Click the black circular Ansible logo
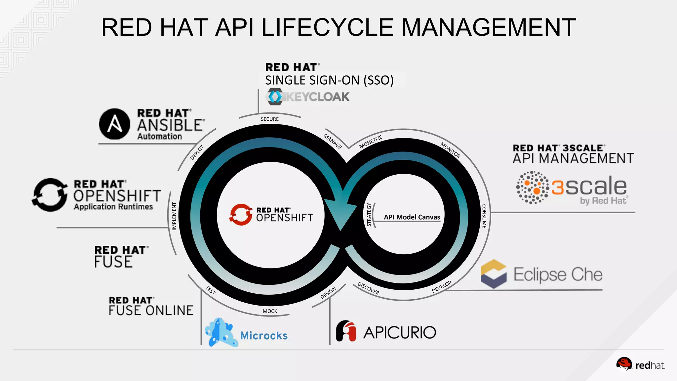click(x=114, y=124)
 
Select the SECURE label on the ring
click(x=270, y=119)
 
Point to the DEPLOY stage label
click(x=197, y=152)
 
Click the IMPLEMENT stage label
click(x=174, y=216)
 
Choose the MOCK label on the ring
click(x=270, y=311)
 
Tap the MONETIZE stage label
click(x=371, y=142)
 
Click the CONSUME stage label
click(x=484, y=216)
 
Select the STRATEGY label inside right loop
click(x=369, y=215)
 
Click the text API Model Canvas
click(x=412, y=217)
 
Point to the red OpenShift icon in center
click(x=241, y=214)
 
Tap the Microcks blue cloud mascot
click(x=220, y=332)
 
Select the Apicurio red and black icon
click(x=346, y=331)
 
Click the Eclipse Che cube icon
click(x=494, y=274)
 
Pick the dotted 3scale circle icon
click(x=532, y=187)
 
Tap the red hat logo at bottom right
click(x=624, y=364)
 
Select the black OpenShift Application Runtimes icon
click(x=50, y=195)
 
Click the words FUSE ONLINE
click(x=151, y=311)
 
